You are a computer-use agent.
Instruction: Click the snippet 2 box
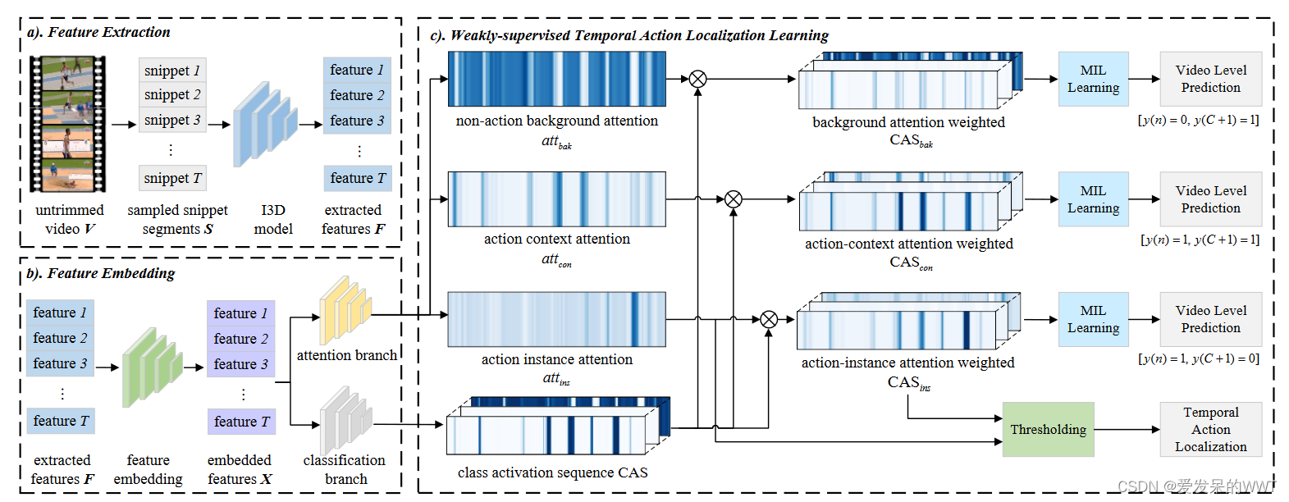[172, 95]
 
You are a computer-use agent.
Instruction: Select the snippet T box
[172, 178]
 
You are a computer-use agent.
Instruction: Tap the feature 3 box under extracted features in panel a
[357, 121]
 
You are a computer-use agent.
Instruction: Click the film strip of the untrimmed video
[67, 124]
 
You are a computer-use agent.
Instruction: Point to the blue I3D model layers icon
[264, 124]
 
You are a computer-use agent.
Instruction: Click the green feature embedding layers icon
[152, 367]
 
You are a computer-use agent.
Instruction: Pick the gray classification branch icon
[345, 419]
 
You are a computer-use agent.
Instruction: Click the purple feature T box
[241, 422]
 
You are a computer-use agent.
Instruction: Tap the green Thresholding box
[1048, 430]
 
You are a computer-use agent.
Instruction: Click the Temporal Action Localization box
[1210, 430]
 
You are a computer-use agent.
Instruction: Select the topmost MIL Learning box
[1093, 79]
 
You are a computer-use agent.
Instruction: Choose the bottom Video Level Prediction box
[1210, 319]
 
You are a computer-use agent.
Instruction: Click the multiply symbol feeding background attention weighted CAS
[697, 79]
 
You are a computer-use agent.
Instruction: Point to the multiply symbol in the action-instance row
[769, 319]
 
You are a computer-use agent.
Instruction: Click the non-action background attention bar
[556, 79]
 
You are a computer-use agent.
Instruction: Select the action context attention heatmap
[556, 199]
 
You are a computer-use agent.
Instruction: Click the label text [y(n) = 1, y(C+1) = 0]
[1199, 358]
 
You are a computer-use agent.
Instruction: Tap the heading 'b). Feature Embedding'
[101, 273]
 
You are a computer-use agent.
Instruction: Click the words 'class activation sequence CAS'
[552, 472]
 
